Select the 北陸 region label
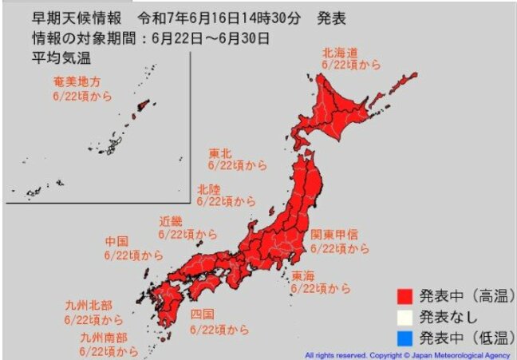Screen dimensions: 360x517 [x=212, y=189]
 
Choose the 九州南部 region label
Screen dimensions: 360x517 [x=101, y=337]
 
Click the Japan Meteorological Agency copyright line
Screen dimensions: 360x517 [x=407, y=354]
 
